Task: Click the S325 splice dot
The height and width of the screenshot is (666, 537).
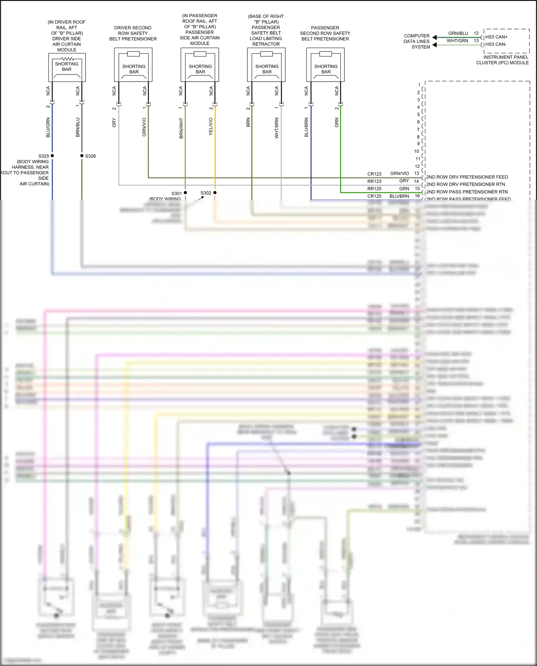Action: coord(52,156)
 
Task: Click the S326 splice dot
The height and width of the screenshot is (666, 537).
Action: coord(82,156)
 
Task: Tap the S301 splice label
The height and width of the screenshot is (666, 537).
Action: coord(176,193)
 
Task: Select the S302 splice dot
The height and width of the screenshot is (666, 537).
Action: coord(215,193)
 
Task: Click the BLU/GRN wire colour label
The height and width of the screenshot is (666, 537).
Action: coord(48,128)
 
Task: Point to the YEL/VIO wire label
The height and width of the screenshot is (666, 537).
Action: coord(211,126)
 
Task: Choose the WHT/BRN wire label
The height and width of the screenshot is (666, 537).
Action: coord(276,128)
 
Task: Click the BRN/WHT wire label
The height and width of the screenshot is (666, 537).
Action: coord(181,128)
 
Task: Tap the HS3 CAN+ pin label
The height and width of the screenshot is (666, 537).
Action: coord(496,37)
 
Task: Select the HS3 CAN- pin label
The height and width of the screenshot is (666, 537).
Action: coord(496,44)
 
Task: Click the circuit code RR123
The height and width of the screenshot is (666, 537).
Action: coord(374,181)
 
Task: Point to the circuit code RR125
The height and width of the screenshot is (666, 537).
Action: coord(374,189)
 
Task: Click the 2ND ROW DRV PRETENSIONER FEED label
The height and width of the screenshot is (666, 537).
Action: coord(467,177)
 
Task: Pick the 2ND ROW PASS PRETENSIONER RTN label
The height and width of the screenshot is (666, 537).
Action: coord(467,192)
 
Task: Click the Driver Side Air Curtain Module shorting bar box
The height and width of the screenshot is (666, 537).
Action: coord(67,67)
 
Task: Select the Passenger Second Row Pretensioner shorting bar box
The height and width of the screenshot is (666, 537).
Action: coord(325,65)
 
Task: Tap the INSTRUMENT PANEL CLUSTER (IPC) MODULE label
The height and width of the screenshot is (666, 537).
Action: coord(503,60)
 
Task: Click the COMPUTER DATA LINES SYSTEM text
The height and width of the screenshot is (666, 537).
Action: coord(417,41)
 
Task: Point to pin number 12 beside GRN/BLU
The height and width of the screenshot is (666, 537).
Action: coord(476,33)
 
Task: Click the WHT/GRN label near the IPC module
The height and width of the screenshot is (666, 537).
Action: coord(457,41)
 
